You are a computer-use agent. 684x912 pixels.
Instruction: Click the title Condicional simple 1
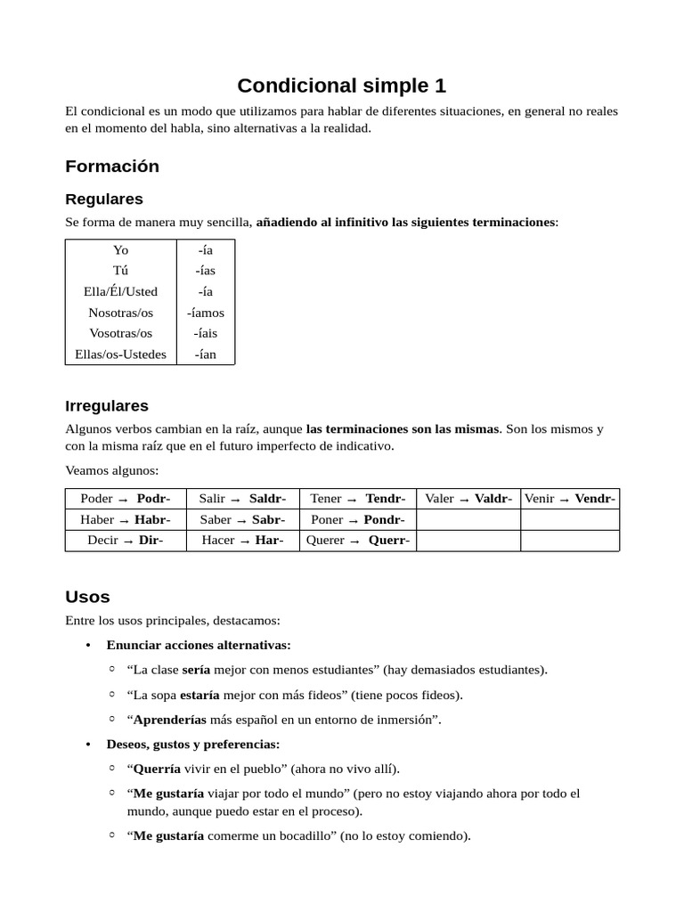point(341,85)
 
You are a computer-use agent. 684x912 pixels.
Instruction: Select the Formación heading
point(112,166)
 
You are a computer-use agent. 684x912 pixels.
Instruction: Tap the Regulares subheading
point(103,199)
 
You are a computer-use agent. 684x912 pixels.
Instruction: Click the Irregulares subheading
point(107,405)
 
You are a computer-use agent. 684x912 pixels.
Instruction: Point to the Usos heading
point(87,596)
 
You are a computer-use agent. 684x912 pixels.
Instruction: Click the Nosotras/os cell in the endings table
point(120,313)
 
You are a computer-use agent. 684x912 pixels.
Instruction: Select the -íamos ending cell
point(206,313)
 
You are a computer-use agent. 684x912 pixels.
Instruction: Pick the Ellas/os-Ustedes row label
point(120,354)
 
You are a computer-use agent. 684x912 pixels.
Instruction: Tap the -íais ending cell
point(206,333)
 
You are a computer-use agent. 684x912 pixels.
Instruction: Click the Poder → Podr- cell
point(126,499)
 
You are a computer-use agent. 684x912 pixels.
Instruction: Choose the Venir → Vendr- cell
point(570,499)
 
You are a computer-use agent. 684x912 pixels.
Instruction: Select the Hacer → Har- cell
point(242,541)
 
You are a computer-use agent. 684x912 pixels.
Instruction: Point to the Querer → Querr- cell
point(358,541)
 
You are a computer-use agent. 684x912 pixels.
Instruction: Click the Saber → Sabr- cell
point(242,519)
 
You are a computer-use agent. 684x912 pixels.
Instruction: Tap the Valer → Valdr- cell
point(468,499)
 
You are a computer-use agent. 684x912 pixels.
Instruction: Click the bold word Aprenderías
point(169,720)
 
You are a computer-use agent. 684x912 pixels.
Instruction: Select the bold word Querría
point(157,769)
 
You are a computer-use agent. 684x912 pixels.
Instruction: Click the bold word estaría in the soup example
point(200,695)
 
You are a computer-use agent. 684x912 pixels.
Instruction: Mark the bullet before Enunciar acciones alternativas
point(87,645)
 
